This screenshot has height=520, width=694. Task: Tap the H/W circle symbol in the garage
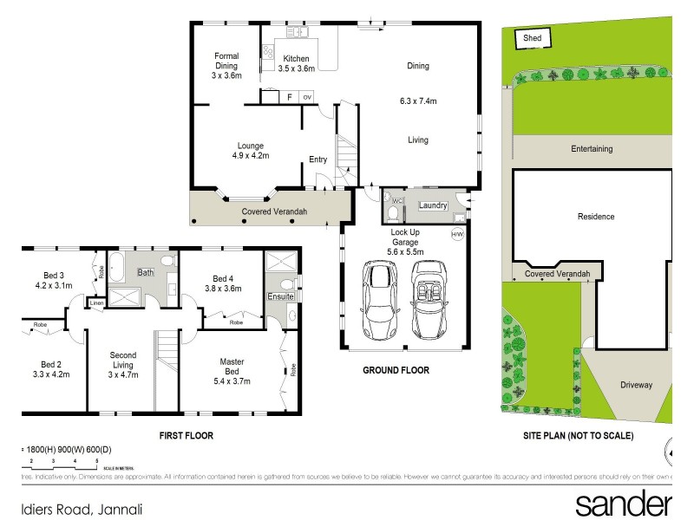457,234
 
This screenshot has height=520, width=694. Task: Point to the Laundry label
432,205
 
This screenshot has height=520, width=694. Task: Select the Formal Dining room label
227,66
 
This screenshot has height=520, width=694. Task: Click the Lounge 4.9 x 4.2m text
251,151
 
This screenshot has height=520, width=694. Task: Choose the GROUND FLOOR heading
396,370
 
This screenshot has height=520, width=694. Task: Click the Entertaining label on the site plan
592,149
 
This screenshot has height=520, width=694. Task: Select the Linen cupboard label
96,303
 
